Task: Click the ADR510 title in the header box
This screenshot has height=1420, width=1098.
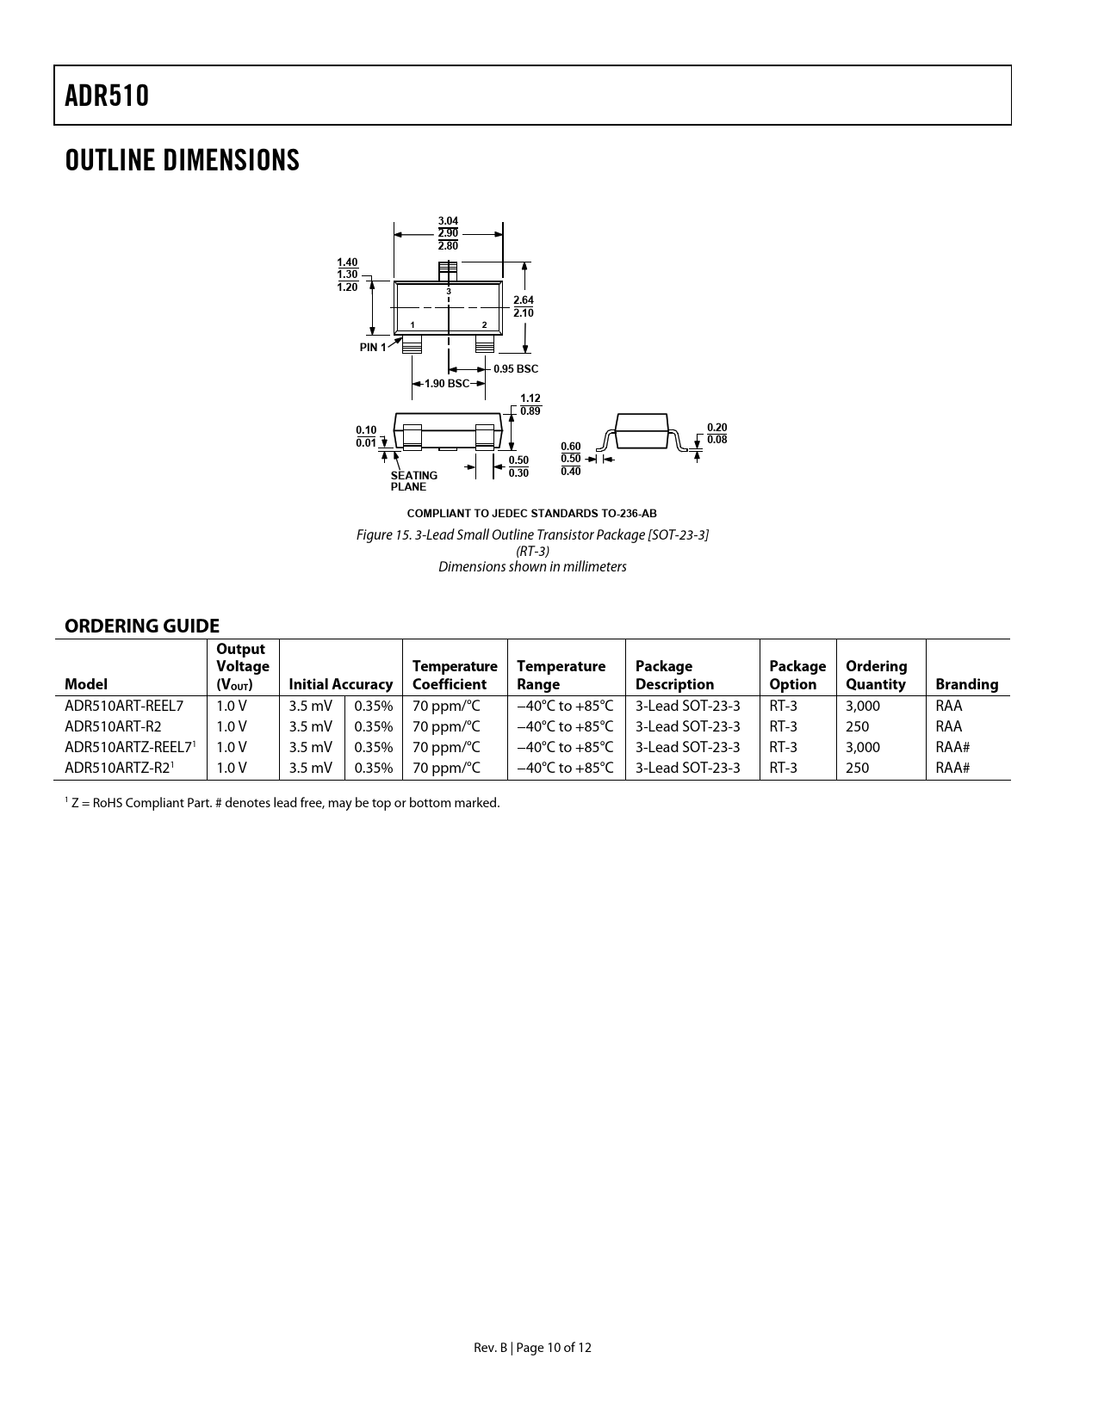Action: [107, 96]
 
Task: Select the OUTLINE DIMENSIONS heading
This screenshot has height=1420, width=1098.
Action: [182, 160]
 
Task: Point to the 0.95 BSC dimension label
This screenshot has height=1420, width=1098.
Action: [515, 369]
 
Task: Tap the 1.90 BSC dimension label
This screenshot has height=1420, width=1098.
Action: [447, 384]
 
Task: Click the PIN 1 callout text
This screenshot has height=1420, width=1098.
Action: [373, 348]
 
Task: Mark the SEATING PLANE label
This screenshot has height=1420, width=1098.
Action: [413, 481]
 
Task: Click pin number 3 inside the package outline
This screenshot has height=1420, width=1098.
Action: [449, 293]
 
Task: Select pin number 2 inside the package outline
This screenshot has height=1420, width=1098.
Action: [485, 324]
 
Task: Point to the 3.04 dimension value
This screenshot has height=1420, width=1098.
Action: [448, 221]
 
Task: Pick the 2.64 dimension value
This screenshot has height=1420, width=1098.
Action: [523, 299]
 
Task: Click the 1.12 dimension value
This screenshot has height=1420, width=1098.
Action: [530, 398]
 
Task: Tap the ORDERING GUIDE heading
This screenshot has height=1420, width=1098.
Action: [142, 626]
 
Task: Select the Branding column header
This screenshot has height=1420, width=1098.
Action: [966, 684]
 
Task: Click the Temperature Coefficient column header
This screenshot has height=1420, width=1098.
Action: [455, 675]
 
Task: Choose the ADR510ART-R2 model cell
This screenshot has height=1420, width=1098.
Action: [113, 726]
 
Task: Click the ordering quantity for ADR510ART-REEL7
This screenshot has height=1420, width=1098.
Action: [863, 706]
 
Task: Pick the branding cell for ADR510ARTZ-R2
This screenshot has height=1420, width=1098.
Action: [952, 768]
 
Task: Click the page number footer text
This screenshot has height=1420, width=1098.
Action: [532, 1348]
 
